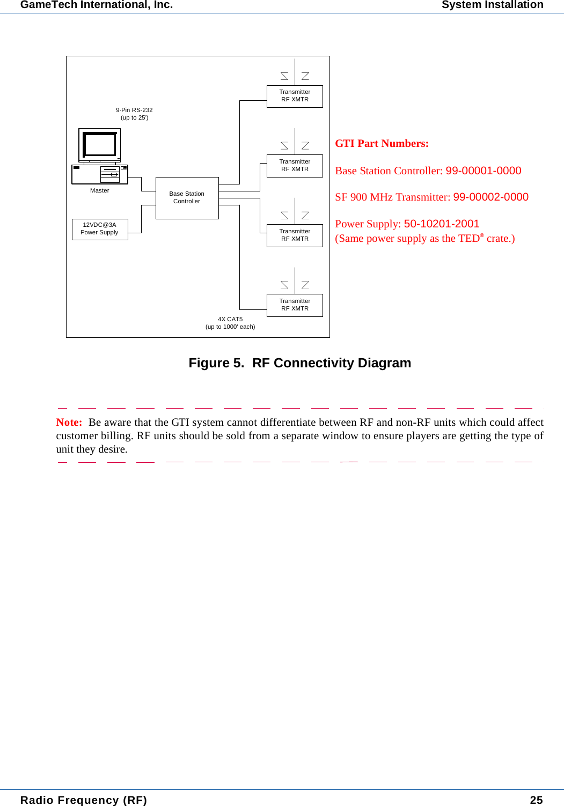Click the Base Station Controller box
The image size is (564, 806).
pyautogui.click(x=187, y=198)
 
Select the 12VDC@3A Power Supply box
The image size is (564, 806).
pyautogui.click(x=100, y=229)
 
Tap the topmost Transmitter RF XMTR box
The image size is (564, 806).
pyautogui.click(x=295, y=96)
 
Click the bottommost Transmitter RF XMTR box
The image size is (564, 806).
pyautogui.click(x=295, y=305)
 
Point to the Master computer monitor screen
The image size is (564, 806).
pyautogui.click(x=100, y=144)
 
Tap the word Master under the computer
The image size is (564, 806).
pyautogui.click(x=100, y=190)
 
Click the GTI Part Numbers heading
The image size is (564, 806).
pyautogui.click(x=382, y=144)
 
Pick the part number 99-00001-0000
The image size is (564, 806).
pyautogui.click(x=483, y=171)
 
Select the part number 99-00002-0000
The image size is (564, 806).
pyautogui.click(x=490, y=197)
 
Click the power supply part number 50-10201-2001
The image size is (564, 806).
pyautogui.click(x=441, y=224)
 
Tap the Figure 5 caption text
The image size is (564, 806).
pyautogui.click(x=299, y=363)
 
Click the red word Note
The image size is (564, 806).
pyautogui.click(x=69, y=423)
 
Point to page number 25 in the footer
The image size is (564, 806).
pyautogui.click(x=536, y=800)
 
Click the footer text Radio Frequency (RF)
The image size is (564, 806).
pyautogui.click(x=83, y=800)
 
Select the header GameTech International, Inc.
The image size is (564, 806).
pyautogui.click(x=97, y=5)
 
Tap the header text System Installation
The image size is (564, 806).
pyautogui.click(x=492, y=5)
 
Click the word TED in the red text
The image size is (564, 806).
pyautogui.click(x=468, y=239)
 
